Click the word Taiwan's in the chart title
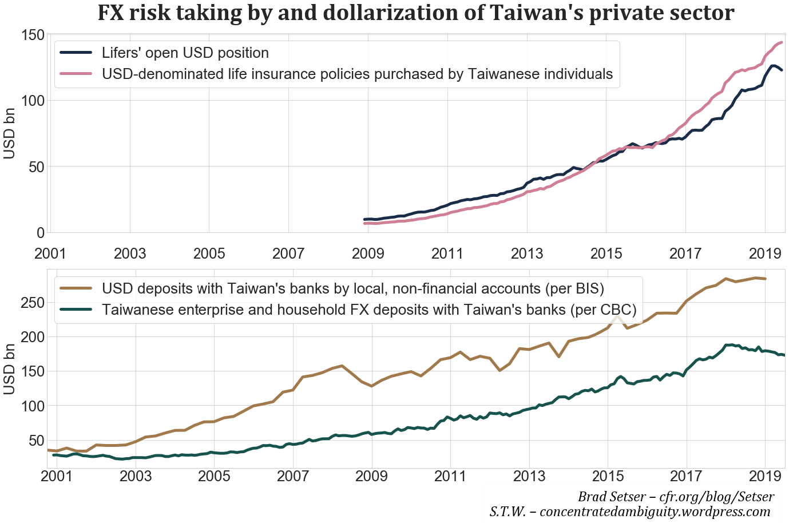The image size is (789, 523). point(530,13)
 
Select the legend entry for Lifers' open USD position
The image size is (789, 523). point(185,53)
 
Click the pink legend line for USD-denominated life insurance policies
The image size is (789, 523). point(76,74)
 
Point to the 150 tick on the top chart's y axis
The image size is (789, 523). point(33,35)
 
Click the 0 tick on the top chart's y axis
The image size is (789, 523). point(40,233)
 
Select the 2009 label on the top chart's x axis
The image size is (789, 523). point(368,253)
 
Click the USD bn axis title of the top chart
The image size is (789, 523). point(10,133)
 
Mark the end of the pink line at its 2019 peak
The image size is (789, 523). point(781,42)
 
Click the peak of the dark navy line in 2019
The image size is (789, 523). point(773,66)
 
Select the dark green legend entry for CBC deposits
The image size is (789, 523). point(368,310)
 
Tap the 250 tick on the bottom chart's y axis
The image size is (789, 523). point(33,302)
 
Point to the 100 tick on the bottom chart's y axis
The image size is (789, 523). point(33,406)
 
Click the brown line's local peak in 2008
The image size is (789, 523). point(342,366)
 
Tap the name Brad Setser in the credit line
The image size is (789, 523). point(610,497)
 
